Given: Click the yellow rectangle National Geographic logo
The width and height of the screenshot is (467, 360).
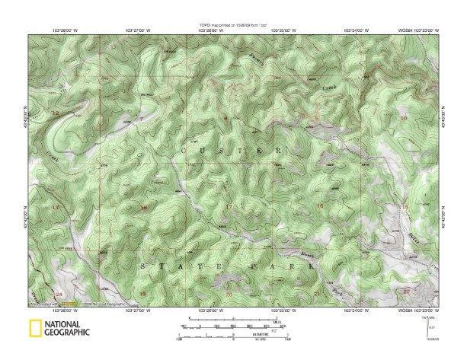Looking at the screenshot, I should coord(34,329).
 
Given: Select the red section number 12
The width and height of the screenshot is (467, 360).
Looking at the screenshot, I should coord(55,113).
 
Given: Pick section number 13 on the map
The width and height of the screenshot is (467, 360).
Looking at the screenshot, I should coord(55,207).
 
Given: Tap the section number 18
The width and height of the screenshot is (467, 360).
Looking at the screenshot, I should coord(144,207).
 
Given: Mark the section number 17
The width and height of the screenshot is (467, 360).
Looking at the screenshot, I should coord(229,207).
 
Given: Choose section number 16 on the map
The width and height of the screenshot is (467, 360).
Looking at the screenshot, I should coord(320,206).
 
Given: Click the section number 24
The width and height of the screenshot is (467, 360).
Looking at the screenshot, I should coord(59,293).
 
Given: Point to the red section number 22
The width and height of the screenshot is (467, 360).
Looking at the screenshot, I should coord(406,291).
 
